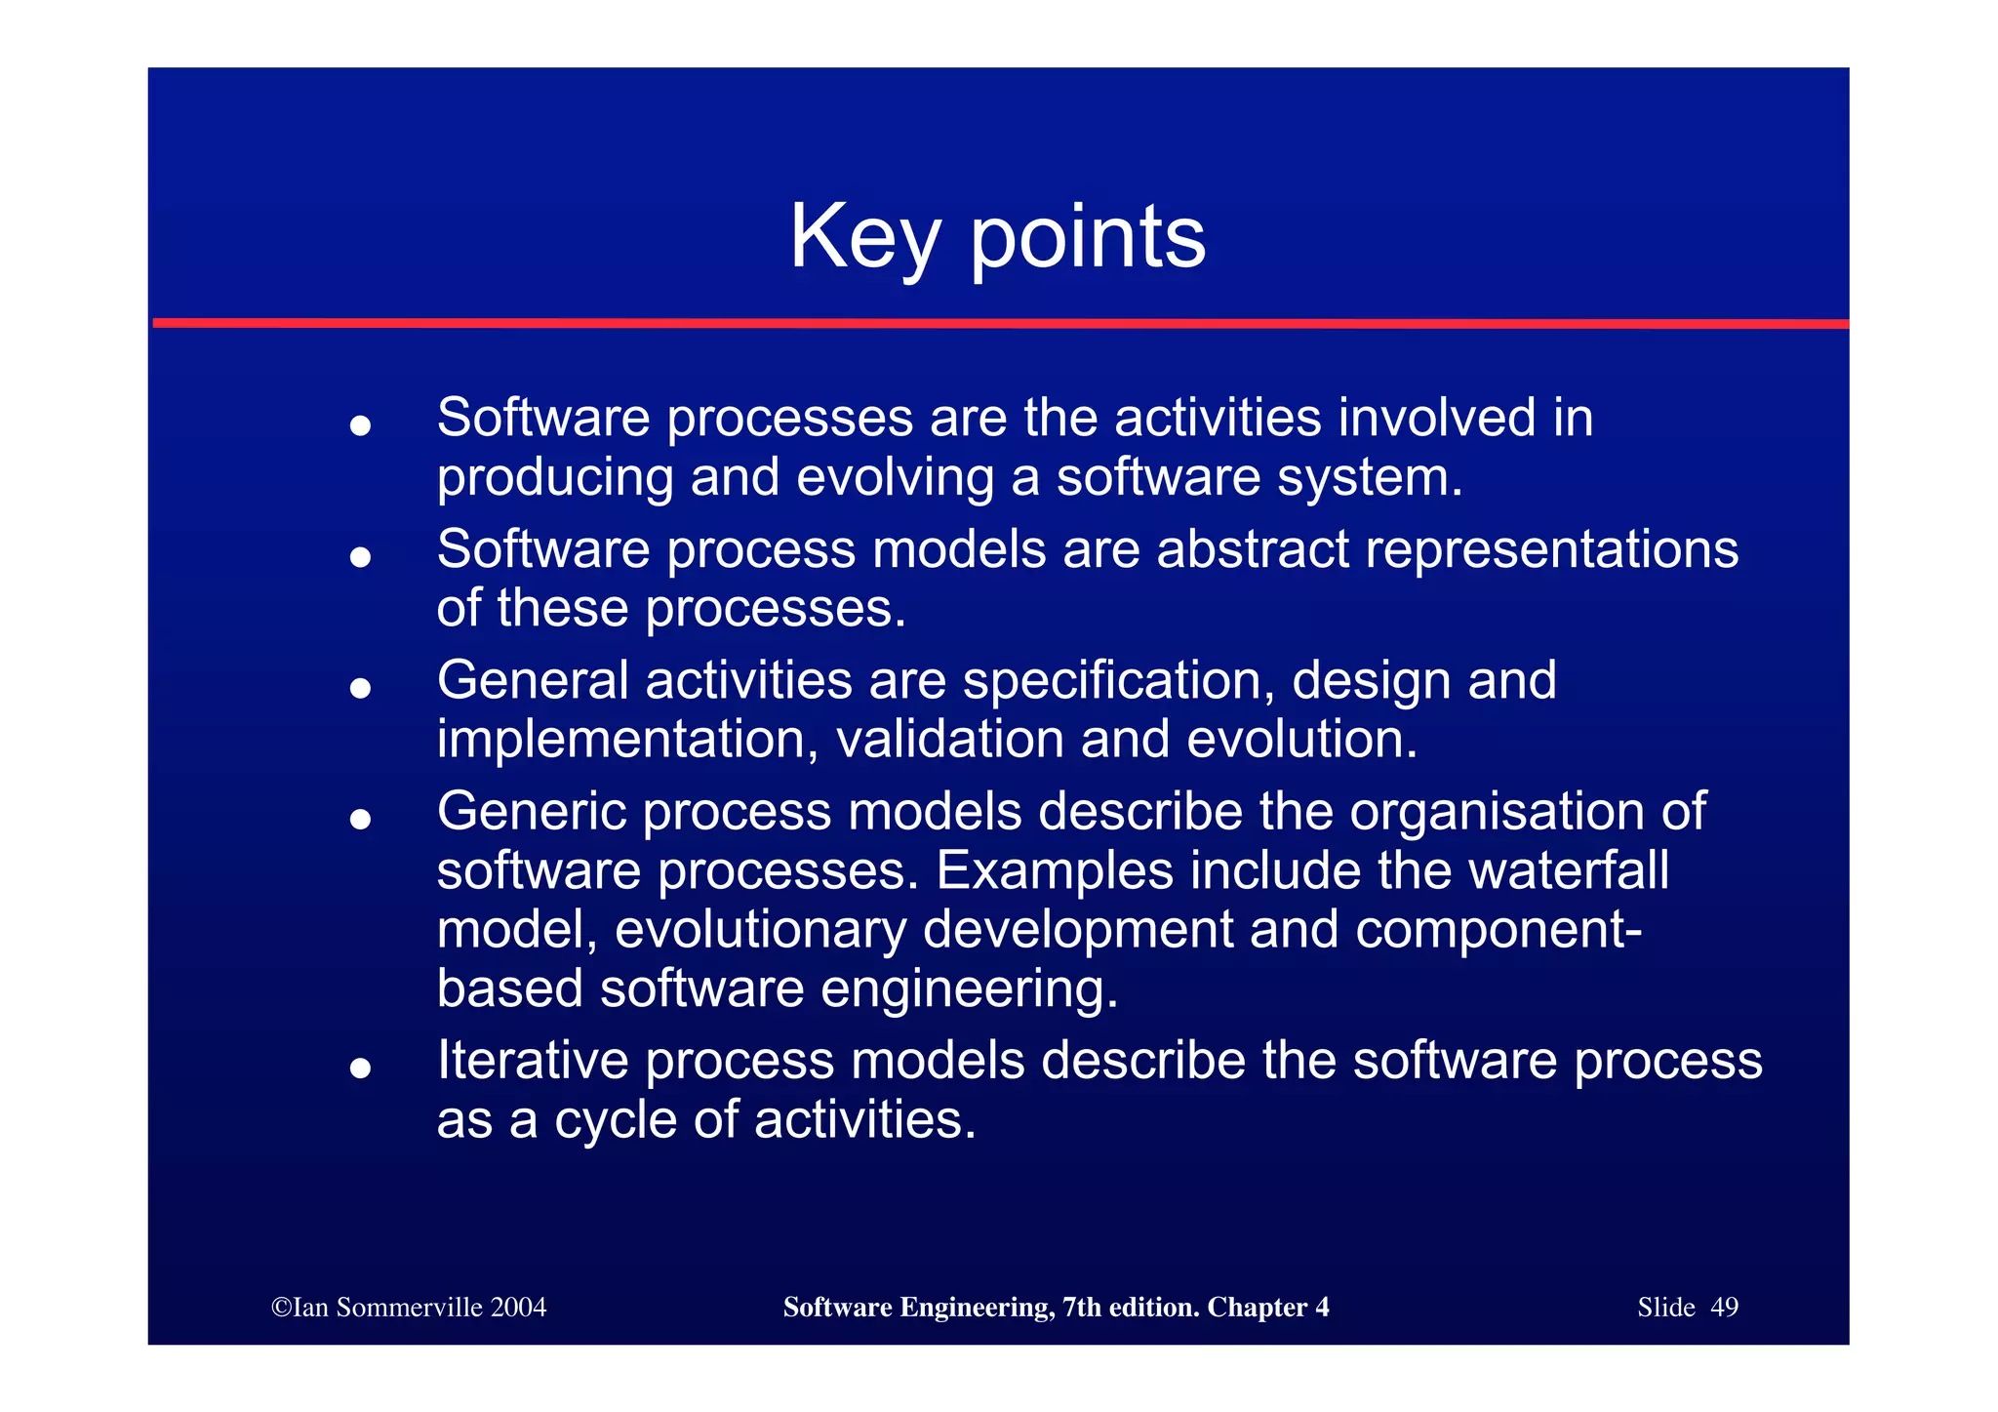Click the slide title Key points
click(x=997, y=236)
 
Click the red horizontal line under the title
click(x=999, y=323)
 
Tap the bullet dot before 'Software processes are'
click(x=360, y=424)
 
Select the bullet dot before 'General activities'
click(x=360, y=688)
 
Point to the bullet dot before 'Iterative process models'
click(x=360, y=1068)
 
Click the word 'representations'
click(x=1551, y=550)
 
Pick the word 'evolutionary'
click(x=760, y=930)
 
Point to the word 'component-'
click(x=1498, y=930)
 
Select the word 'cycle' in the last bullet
click(x=615, y=1120)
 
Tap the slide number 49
click(x=1724, y=1308)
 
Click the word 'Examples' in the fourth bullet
click(x=1054, y=871)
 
